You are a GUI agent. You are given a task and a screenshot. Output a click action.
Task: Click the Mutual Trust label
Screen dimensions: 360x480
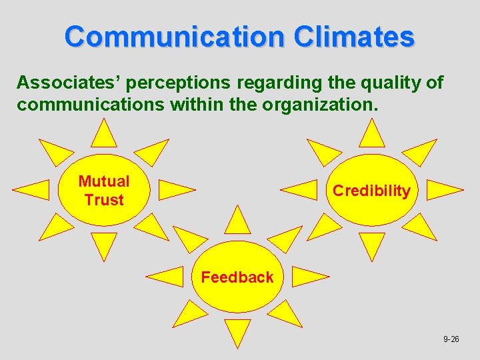point(104,191)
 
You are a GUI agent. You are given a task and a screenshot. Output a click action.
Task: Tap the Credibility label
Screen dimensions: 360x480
point(371,191)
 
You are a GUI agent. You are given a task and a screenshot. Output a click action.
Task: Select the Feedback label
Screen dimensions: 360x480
point(237,277)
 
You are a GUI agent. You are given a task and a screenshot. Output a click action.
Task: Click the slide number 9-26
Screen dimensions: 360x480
point(451,339)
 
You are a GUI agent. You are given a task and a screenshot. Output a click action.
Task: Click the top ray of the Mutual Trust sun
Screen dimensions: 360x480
point(103,134)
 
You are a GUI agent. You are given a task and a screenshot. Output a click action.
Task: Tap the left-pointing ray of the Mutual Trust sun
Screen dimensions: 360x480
point(32,189)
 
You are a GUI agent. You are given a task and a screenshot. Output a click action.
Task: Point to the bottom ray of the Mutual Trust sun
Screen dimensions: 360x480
point(103,245)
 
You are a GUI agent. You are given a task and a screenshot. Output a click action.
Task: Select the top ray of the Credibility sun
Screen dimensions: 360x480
point(371,134)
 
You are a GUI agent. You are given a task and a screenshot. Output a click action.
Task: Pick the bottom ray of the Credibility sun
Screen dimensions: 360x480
point(371,245)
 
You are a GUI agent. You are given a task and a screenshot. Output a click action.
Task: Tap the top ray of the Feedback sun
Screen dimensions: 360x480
point(237,221)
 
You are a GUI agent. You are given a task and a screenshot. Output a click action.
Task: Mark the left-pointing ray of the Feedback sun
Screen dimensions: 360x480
point(165,276)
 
